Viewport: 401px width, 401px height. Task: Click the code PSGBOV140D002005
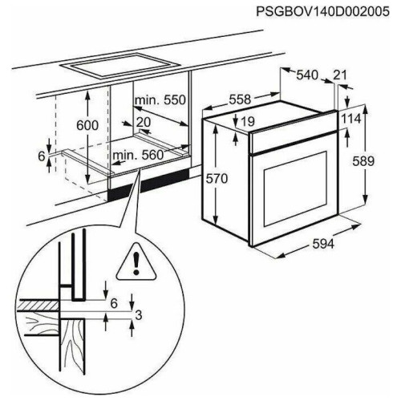[322, 12]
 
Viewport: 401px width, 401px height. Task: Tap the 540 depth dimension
[307, 75]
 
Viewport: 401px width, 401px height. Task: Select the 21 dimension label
[340, 75]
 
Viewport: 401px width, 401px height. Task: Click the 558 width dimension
[240, 99]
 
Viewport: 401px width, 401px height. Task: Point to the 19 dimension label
[248, 121]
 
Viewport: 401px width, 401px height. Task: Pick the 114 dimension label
[351, 119]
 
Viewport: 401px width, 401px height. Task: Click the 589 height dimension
[363, 161]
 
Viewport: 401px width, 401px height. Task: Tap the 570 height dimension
[217, 178]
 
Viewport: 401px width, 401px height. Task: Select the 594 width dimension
[323, 244]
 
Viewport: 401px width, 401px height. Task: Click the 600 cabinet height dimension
[87, 125]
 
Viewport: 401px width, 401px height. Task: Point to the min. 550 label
[160, 100]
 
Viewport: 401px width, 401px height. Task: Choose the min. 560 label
[138, 155]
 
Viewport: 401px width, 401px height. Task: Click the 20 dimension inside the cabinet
[144, 122]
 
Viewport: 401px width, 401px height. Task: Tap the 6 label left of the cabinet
[41, 156]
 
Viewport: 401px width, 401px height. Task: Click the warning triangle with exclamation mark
[136, 262]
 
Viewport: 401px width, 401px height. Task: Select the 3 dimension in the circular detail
[139, 315]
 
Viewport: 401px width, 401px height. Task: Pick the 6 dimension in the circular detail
[114, 303]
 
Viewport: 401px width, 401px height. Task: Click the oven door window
[296, 189]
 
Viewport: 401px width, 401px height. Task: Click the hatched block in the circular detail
[38, 306]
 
